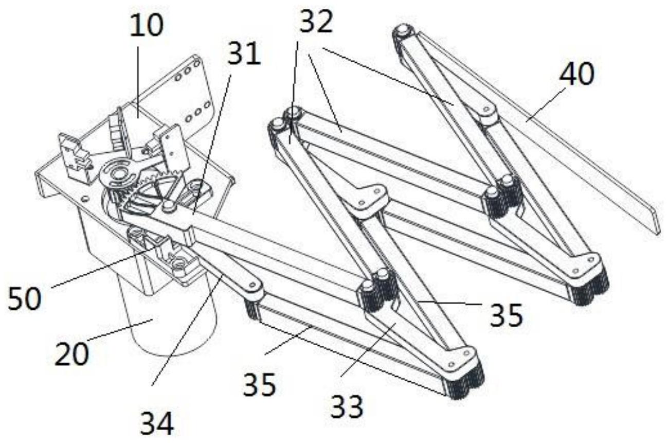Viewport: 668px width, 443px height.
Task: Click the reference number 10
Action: pos(147,26)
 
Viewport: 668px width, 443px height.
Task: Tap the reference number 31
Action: pos(244,54)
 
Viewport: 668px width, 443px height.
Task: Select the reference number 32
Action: pos(316,21)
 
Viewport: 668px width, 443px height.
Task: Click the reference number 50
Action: pos(25,298)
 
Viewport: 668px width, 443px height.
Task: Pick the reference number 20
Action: pos(72,354)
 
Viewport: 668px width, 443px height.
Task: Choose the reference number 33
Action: pos(347,407)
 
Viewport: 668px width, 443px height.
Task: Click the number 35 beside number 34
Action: pos(260,385)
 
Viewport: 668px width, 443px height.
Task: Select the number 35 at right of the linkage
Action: pos(507,315)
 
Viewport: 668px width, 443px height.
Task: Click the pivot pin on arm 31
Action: pos(169,206)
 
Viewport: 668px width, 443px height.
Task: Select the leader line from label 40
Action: pos(546,104)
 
